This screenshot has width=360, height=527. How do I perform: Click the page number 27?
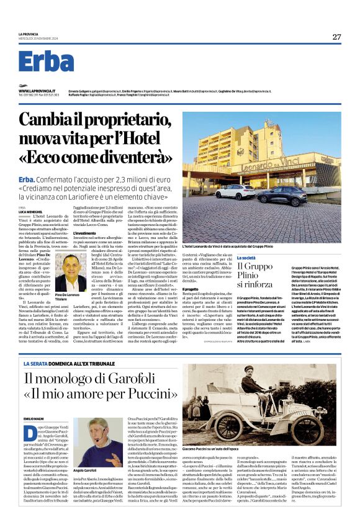336,37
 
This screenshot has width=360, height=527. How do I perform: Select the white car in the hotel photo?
235,192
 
